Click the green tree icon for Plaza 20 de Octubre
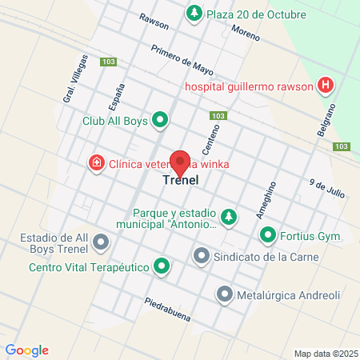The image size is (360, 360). click(194, 14)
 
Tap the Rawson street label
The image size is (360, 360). click(153, 20)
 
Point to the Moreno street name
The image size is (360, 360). click(246, 31)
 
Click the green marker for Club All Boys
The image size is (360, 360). click(161, 121)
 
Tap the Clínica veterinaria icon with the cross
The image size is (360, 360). click(97, 163)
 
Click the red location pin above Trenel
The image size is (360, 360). click(181, 162)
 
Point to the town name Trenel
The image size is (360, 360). click(181, 181)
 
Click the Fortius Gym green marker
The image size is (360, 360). click(266, 236)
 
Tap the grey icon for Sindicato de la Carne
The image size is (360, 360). click(201, 257)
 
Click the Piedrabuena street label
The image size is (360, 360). click(168, 308)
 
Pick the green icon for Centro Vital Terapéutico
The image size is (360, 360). click(162, 265)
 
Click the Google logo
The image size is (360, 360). click(26, 350)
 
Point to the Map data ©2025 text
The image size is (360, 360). click(324, 354)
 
